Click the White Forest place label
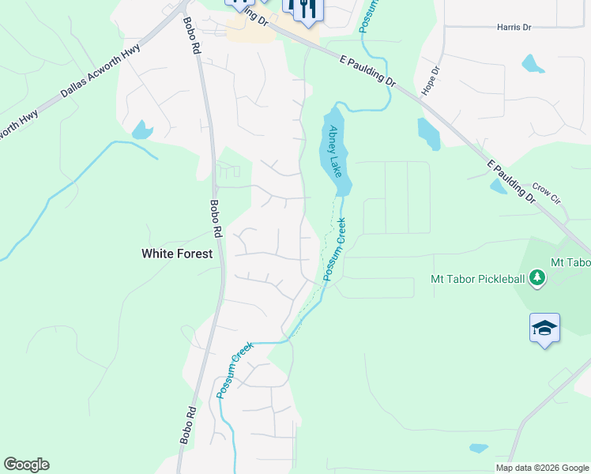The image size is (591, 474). (x=177, y=254)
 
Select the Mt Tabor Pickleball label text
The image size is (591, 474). (x=477, y=278)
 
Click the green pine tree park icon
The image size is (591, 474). (x=537, y=277)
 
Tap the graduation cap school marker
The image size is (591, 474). (x=544, y=327)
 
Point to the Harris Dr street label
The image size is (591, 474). (x=514, y=28)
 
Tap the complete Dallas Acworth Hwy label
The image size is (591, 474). (x=101, y=73)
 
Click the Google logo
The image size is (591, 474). (x=26, y=465)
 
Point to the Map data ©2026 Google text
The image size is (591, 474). (x=542, y=468)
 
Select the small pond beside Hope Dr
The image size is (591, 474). (x=427, y=134)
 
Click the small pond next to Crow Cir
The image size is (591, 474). (x=499, y=186)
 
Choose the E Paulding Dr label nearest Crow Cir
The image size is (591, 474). (x=510, y=181)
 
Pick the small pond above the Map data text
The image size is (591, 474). (x=479, y=448)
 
